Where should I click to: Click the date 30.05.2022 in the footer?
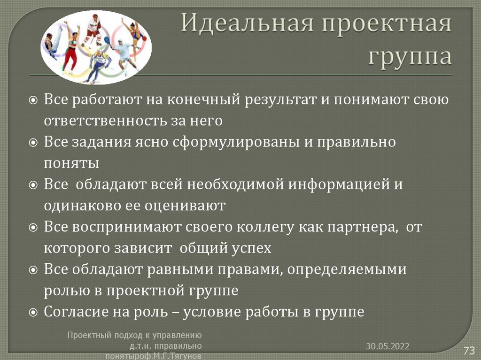click(x=388, y=346)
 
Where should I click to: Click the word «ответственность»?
click(x=103, y=121)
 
